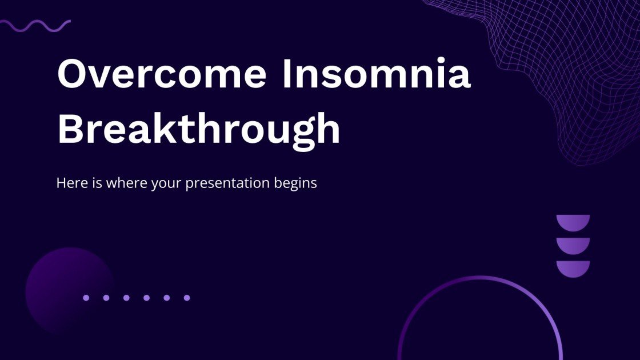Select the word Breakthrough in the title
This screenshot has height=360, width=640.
tap(199, 129)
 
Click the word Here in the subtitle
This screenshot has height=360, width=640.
tap(69, 183)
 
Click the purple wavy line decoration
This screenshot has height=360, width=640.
tap(35, 25)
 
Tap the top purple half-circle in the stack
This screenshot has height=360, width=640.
tap(573, 222)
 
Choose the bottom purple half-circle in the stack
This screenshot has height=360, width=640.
tap(573, 267)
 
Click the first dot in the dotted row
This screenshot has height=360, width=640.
tap(86, 298)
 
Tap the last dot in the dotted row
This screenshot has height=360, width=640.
tap(186, 298)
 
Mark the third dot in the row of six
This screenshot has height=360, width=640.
tap(126, 298)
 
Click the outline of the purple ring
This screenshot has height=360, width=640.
tap(480, 278)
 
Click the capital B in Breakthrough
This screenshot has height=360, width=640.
tap(71, 129)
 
